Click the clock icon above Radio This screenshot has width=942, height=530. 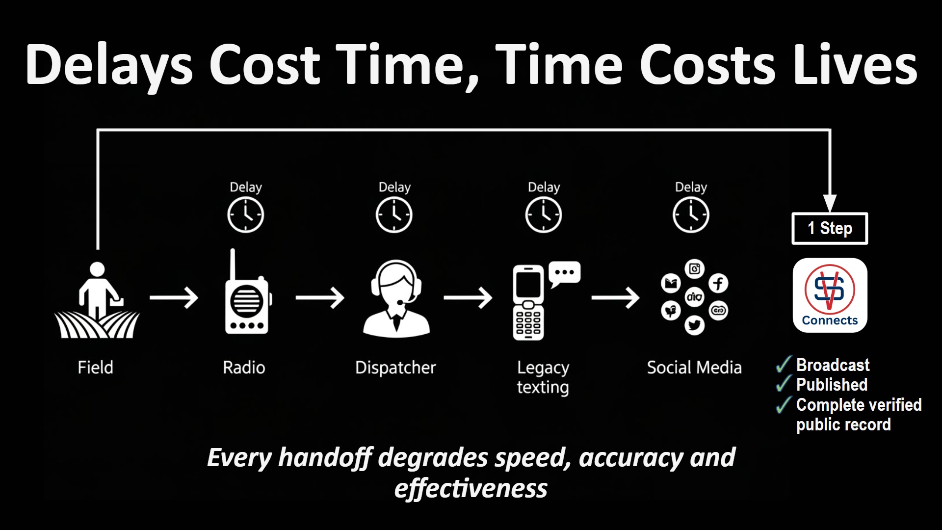(x=245, y=215)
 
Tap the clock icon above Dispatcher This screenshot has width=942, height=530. (x=394, y=215)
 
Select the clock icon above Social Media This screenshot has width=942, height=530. (x=691, y=215)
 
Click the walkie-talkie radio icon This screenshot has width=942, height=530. (x=247, y=299)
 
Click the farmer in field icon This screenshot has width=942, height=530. (x=98, y=301)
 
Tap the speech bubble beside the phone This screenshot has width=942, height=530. (x=565, y=273)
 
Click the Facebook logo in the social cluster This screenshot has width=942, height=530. (x=718, y=283)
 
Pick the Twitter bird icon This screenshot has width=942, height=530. (x=694, y=325)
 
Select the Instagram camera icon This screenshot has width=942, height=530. (x=695, y=268)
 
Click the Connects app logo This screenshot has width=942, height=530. (x=830, y=295)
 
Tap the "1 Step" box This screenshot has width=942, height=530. (x=830, y=228)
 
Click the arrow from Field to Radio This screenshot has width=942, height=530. (x=174, y=298)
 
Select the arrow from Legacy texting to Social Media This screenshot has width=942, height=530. (x=615, y=298)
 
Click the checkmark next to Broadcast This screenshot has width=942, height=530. (x=784, y=365)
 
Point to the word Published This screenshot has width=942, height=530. (x=832, y=385)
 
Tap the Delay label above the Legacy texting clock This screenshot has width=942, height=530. (x=544, y=187)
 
